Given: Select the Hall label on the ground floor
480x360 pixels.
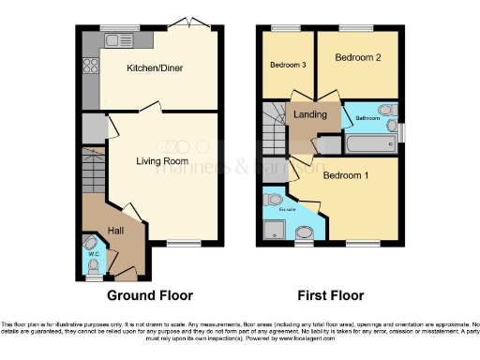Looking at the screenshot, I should pyautogui.click(x=115, y=231).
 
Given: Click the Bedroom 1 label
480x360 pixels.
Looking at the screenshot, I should pyautogui.click(x=346, y=175).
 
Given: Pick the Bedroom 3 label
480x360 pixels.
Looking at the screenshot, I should pyautogui.click(x=288, y=65).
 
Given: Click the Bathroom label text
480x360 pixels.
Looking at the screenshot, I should pyautogui.click(x=367, y=119).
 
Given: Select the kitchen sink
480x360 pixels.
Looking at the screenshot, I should pyautogui.click(x=118, y=40).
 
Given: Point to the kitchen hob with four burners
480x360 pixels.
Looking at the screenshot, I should pyautogui.click(x=92, y=66).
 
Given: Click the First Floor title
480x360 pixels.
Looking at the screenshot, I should pyautogui.click(x=330, y=295).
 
